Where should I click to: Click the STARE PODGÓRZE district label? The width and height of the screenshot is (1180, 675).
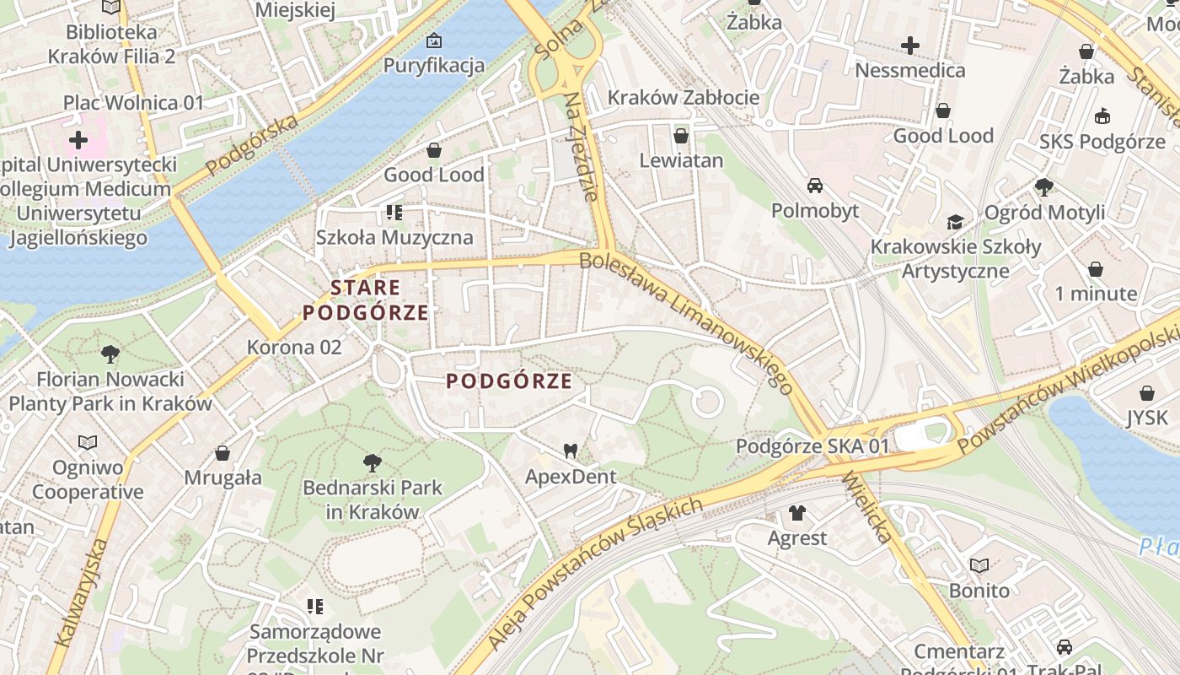tap(366, 300)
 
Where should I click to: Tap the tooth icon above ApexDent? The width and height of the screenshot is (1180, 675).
tap(571, 451)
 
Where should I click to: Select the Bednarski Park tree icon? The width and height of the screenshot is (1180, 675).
tap(372, 462)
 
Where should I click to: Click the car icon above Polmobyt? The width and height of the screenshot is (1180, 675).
tap(815, 185)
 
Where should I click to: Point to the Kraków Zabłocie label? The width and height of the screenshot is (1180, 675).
tap(684, 97)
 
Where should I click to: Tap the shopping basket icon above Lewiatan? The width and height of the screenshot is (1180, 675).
tap(681, 136)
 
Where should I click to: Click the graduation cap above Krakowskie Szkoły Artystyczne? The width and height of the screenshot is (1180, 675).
tap(955, 222)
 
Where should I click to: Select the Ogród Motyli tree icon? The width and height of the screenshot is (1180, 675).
tap(1044, 186)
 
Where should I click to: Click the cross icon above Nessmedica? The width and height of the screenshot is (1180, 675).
tap(909, 46)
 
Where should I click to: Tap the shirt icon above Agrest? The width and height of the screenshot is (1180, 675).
tap(796, 512)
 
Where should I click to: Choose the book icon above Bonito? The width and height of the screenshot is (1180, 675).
tap(979, 565)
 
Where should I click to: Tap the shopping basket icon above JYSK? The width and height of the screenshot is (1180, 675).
tap(1146, 393)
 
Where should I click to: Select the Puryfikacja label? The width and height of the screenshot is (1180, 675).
tap(434, 65)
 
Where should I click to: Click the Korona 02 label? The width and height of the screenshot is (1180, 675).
tap(294, 347)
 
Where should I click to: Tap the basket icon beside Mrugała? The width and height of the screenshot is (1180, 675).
tap(223, 454)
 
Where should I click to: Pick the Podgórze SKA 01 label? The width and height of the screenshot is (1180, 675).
tap(813, 445)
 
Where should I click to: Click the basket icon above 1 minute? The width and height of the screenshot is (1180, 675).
tap(1096, 269)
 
